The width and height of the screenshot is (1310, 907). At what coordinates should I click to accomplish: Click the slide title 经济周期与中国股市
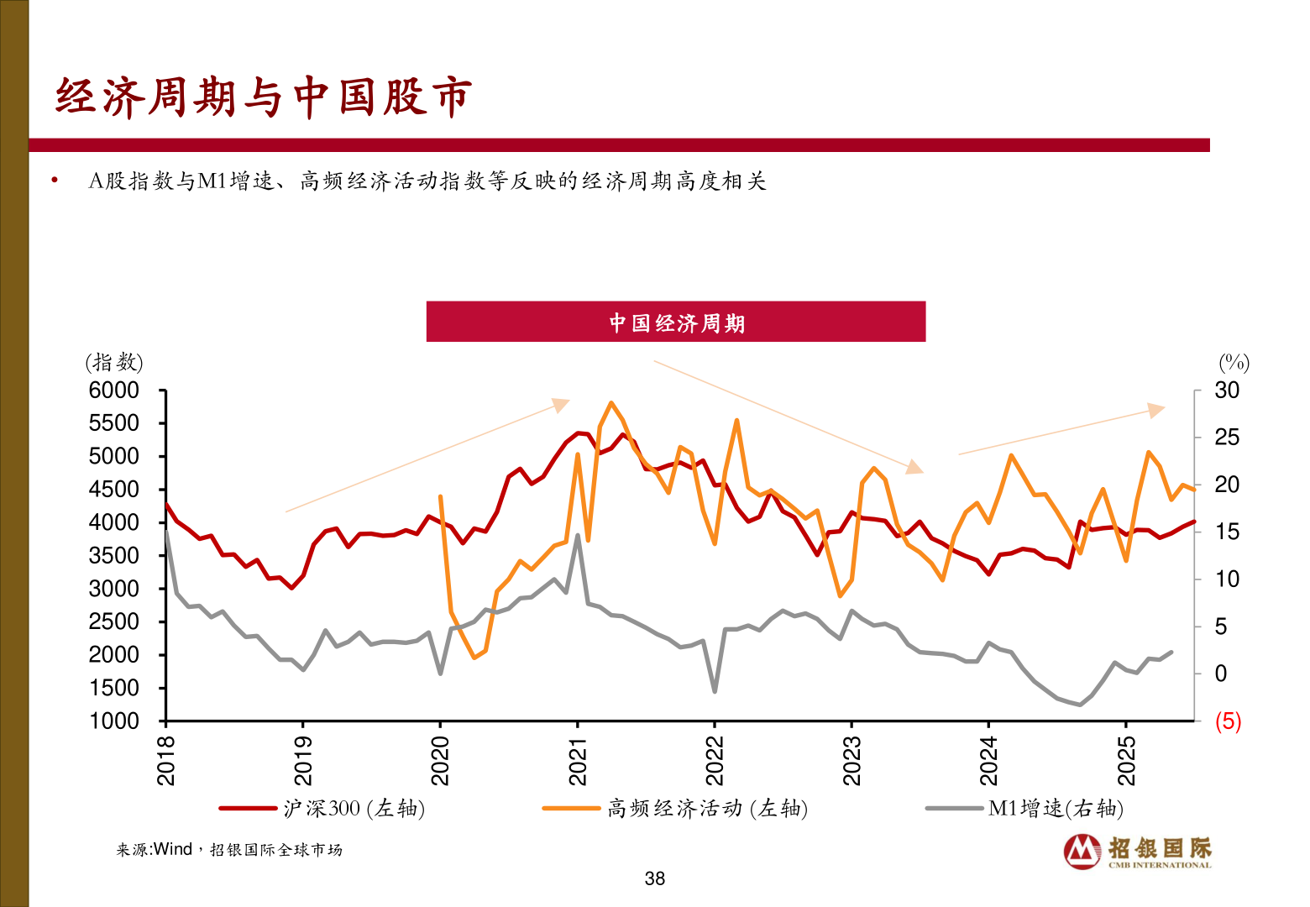[264, 97]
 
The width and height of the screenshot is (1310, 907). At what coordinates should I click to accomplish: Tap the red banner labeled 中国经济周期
[676, 322]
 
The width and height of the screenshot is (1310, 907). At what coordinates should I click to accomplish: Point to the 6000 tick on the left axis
[114, 391]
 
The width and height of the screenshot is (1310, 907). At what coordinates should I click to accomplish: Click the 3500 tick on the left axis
[114, 556]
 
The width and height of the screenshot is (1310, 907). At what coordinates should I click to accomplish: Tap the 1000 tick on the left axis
[114, 721]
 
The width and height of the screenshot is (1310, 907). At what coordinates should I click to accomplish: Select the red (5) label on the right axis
[1228, 721]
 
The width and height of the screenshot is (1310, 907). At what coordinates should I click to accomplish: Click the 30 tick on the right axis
[1227, 391]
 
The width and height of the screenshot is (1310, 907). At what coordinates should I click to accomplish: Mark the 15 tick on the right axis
[1227, 532]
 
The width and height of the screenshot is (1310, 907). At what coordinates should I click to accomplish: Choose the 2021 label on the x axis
[578, 760]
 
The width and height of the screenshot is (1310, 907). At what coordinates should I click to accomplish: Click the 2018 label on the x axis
[166, 760]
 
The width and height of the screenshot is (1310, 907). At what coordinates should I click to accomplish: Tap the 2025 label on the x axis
[1126, 760]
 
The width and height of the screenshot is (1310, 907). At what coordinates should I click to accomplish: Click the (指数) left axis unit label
[114, 363]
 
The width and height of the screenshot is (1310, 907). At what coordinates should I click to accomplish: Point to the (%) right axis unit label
[1234, 363]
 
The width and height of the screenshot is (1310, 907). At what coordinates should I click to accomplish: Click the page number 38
[655, 878]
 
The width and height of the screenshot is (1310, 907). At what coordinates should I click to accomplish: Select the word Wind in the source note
[173, 850]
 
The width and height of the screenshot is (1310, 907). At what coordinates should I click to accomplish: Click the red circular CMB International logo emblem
[1082, 852]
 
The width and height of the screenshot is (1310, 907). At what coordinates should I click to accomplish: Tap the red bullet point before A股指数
[55, 180]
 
